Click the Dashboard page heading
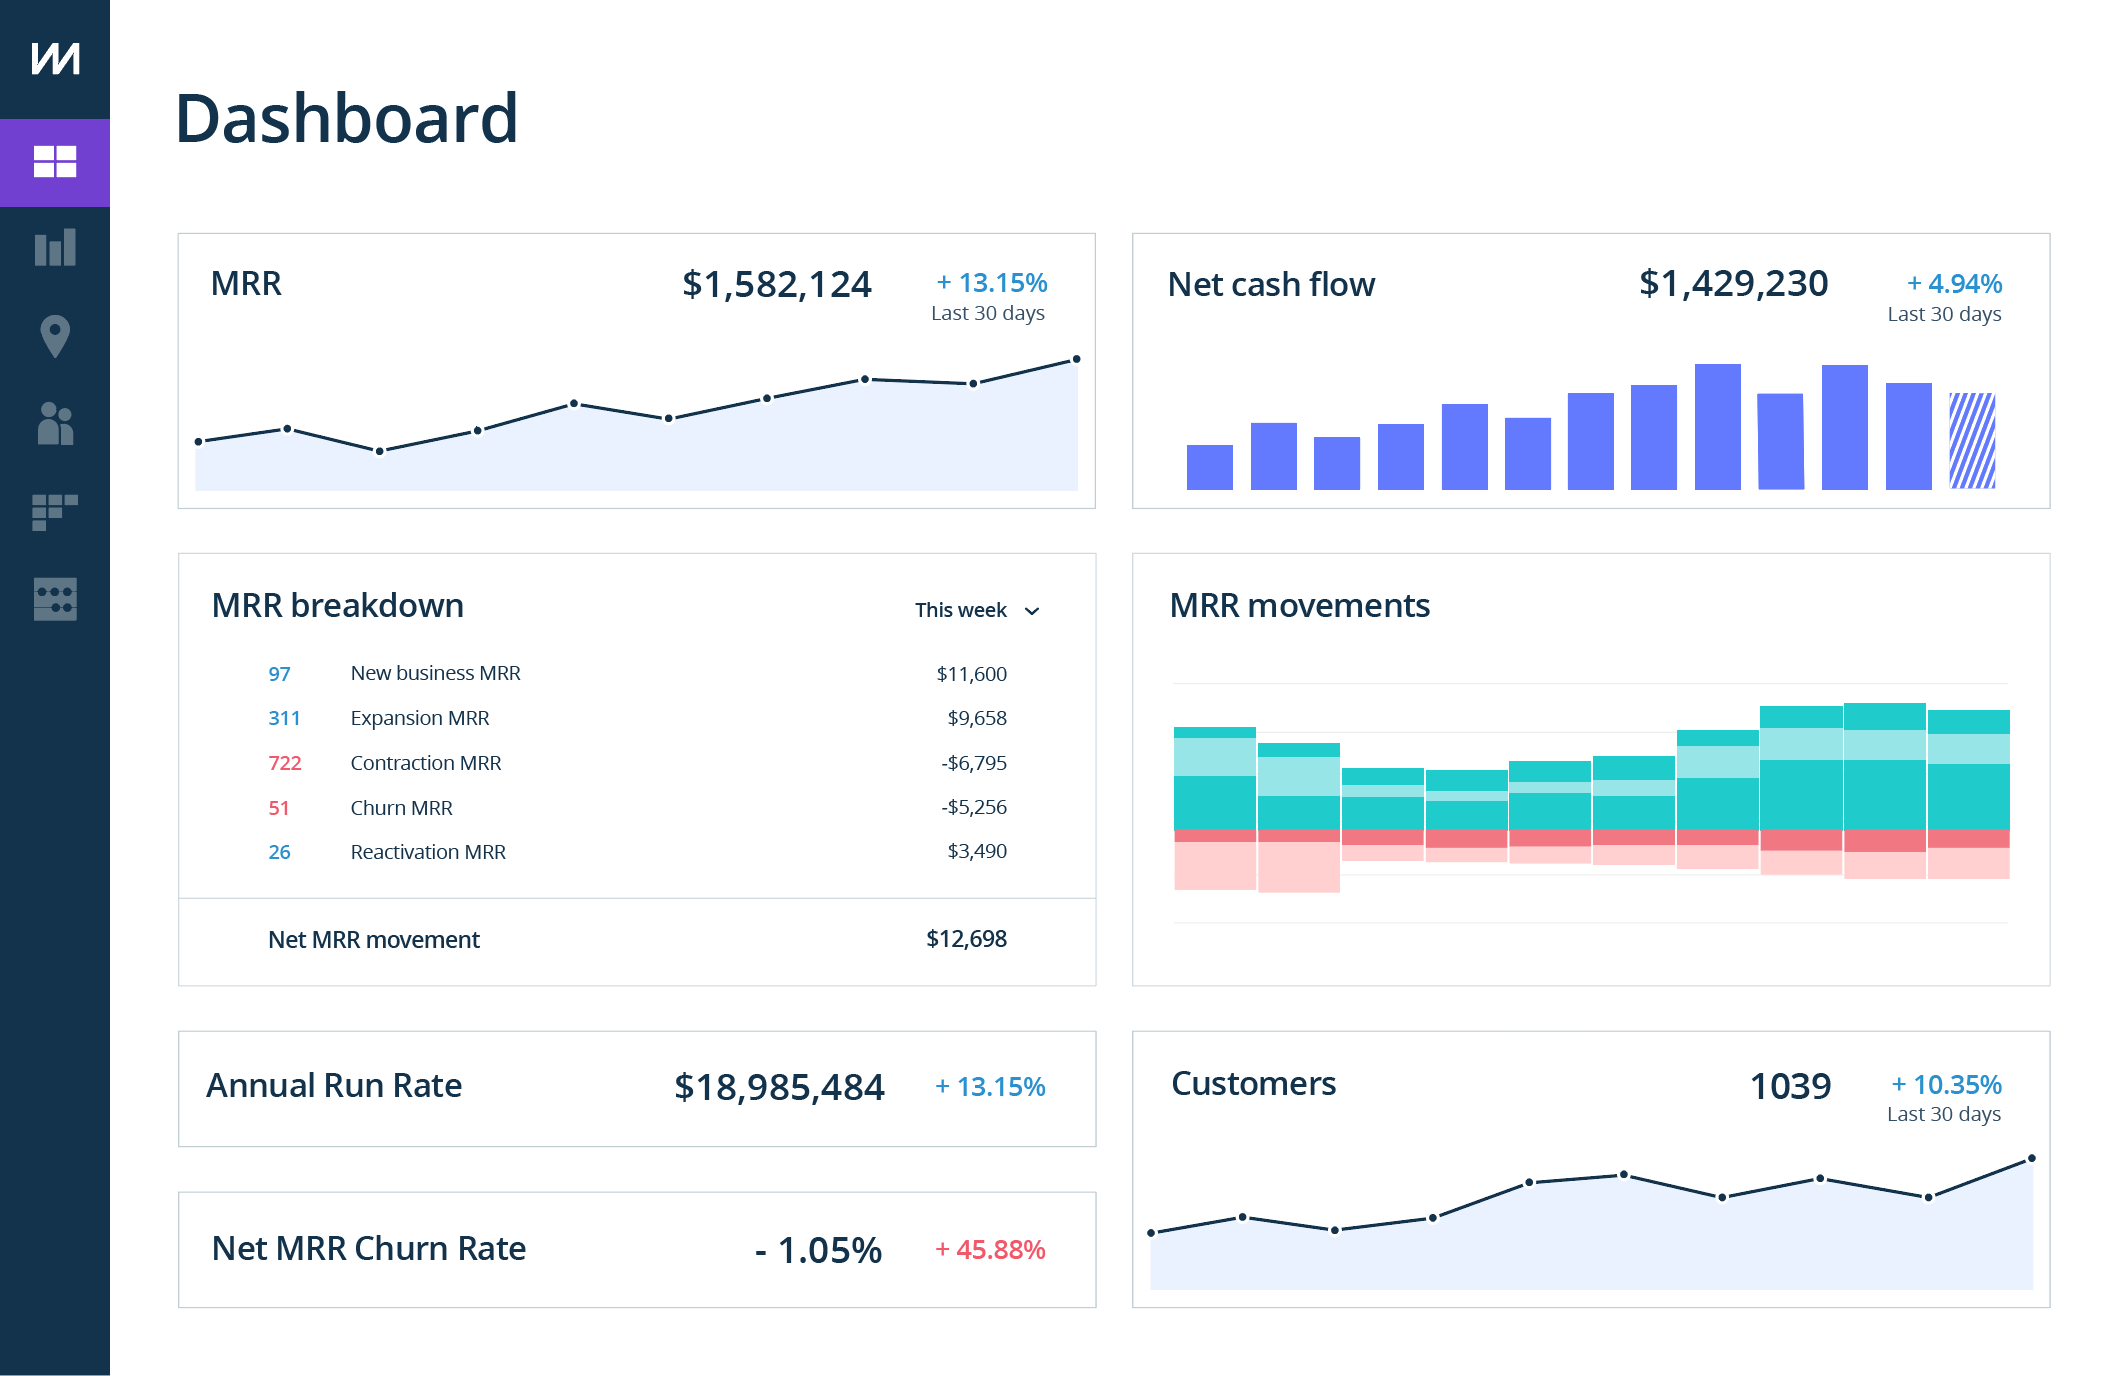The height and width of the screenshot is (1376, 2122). coord(346,119)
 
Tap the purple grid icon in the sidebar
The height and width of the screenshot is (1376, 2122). coord(55,162)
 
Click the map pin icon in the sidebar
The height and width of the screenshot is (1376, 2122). coord(55,336)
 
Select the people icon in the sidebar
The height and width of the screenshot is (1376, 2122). coord(55,424)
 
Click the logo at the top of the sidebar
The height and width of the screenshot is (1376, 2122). coord(55,58)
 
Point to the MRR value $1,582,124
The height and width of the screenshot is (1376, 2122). coord(776,285)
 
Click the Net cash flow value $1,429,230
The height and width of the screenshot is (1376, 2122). coord(1733,284)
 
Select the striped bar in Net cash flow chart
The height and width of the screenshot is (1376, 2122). coord(1972,441)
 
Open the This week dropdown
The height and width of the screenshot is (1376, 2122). coord(977,610)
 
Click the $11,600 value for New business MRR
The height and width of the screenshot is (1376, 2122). coord(971,674)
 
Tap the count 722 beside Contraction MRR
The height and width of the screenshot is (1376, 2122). coord(284,763)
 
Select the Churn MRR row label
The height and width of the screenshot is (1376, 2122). coord(401,808)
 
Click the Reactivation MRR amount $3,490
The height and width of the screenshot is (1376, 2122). coord(977,851)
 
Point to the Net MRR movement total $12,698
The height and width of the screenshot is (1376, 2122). coord(966,939)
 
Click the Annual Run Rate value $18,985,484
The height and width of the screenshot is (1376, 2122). coord(779,1087)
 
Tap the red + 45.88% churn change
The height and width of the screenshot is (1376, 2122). coord(990,1250)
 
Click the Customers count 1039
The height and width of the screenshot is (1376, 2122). coord(1790,1086)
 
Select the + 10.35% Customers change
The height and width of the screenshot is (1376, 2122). coord(1946,1085)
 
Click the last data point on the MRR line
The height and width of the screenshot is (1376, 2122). coord(1076,359)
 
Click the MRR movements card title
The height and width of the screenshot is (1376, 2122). coord(1299,606)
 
